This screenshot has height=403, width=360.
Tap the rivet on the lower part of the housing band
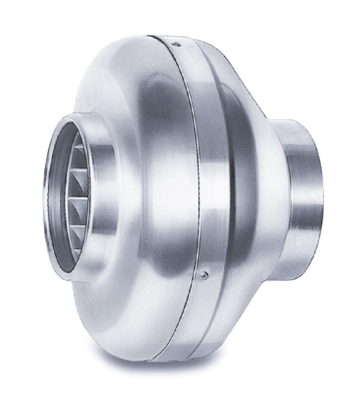pyautogui.click(x=204, y=275)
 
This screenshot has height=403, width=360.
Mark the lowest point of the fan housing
pyautogui.click(x=161, y=360)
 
